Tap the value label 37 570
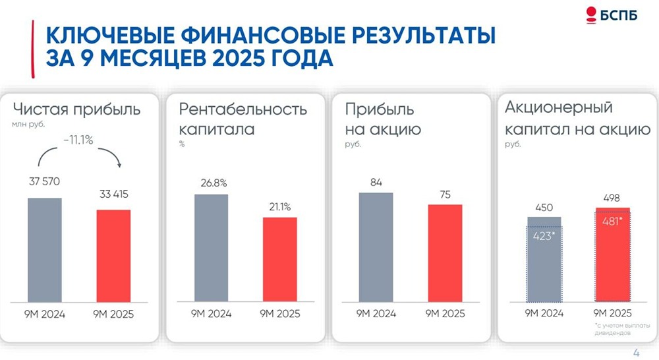click(44, 182)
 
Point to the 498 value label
click(612, 198)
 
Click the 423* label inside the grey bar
click(544, 235)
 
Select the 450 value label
click(544, 208)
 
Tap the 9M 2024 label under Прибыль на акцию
click(376, 314)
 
